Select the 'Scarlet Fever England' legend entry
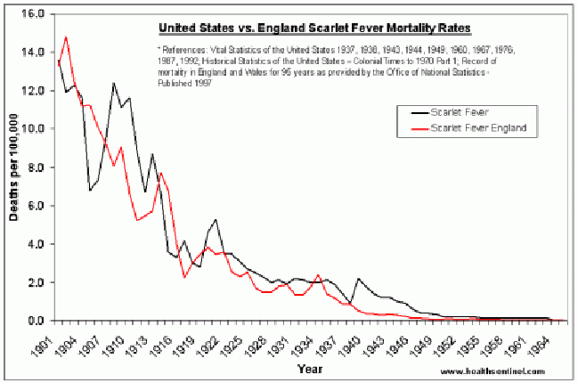pyautogui.click(x=478, y=128)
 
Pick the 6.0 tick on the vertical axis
pyautogui.click(x=30, y=206)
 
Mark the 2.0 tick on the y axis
pyautogui.click(x=30, y=282)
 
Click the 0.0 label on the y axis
pyautogui.click(x=30, y=321)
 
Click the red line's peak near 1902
pyautogui.click(x=66, y=37)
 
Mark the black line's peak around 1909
pyautogui.click(x=114, y=83)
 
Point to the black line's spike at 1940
pyautogui.click(x=358, y=279)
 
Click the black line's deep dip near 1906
pyautogui.click(x=90, y=191)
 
